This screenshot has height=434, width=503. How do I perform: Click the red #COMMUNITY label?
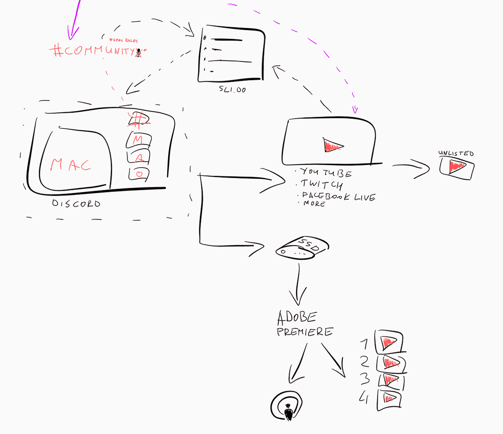(95, 51)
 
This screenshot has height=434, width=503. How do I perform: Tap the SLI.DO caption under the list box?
(232, 89)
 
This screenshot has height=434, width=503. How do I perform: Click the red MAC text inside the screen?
(70, 165)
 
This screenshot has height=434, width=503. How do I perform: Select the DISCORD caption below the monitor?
(76, 204)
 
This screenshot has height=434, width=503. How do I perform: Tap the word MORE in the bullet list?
(314, 204)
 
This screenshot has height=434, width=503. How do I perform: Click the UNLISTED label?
(456, 153)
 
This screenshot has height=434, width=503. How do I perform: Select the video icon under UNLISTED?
(456, 168)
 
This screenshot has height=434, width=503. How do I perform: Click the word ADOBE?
(297, 318)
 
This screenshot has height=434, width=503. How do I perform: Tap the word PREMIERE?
(304, 332)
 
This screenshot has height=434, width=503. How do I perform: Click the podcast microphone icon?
(288, 407)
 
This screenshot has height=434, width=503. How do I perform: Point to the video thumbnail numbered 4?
(389, 399)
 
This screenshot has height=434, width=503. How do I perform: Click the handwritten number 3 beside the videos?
(365, 379)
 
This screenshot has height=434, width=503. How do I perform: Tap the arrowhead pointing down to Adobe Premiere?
(298, 299)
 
